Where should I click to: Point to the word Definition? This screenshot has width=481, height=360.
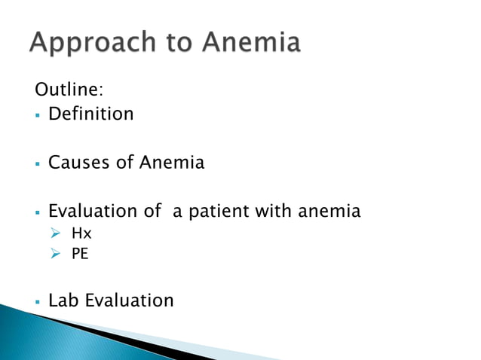point(90,114)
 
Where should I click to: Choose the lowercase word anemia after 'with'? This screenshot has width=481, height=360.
point(329,212)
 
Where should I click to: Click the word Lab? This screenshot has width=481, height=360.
point(64,301)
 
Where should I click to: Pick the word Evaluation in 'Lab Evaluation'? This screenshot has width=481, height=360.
point(129,301)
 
